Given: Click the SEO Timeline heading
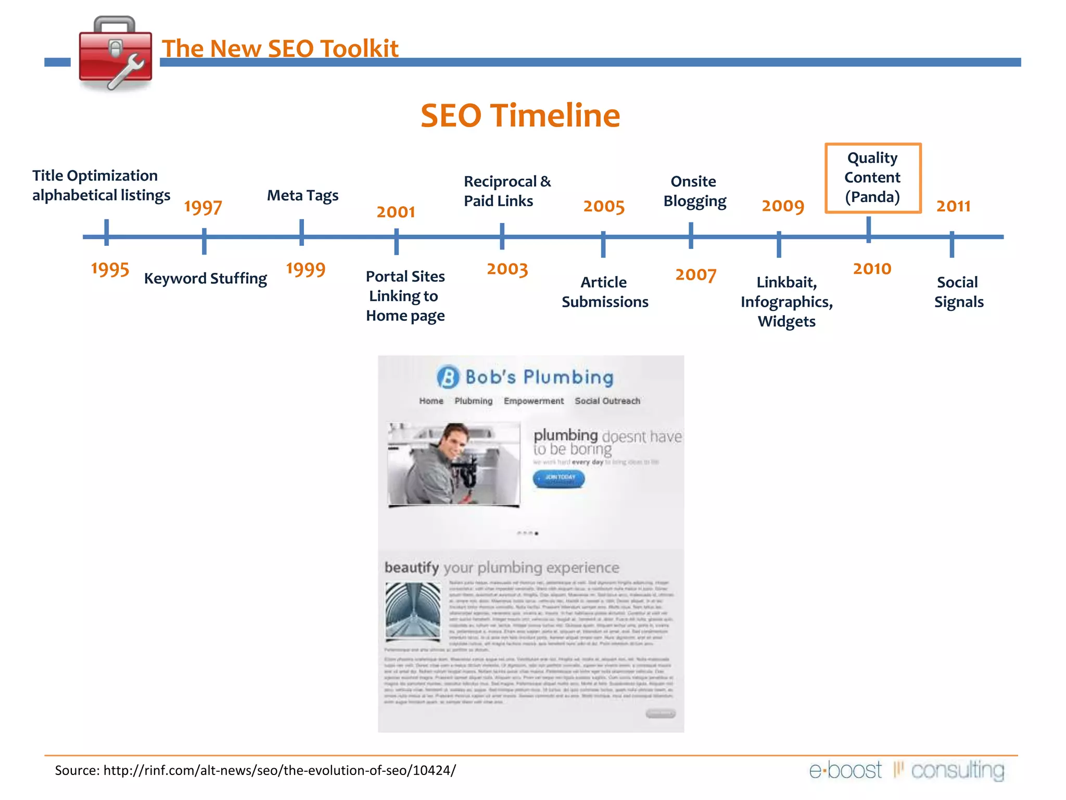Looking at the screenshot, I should click(520, 115).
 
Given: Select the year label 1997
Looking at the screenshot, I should click(203, 207).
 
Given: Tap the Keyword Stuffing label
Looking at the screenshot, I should click(205, 278).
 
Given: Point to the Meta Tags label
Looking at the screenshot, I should click(302, 195).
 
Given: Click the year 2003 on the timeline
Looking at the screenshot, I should click(507, 269).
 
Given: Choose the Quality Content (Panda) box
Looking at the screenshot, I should click(873, 178).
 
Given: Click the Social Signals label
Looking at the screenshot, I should click(958, 292).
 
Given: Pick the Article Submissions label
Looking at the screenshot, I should click(604, 292).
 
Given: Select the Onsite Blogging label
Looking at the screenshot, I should click(694, 191).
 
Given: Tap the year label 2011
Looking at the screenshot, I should click(953, 206).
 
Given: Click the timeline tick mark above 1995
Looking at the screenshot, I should click(106, 232).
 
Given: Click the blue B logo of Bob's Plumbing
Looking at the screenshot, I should click(448, 377).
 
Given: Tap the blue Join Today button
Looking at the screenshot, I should click(559, 478).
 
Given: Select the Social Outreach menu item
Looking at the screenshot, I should click(607, 401).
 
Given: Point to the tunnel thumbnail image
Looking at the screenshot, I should click(413, 611).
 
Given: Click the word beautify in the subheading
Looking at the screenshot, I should click(411, 567).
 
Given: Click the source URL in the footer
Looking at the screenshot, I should click(280, 770).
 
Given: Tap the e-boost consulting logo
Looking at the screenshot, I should click(906, 770).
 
